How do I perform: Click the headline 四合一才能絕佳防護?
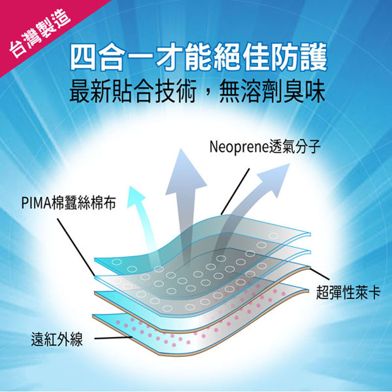(199, 57)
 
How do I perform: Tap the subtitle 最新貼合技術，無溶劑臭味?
(197, 92)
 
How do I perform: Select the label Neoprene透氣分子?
(265, 147)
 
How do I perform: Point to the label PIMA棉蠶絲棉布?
(69, 202)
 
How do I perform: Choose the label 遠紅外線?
(57, 339)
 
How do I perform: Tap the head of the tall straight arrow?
(185, 172)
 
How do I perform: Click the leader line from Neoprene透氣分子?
(235, 192)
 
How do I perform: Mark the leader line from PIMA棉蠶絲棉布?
(76, 247)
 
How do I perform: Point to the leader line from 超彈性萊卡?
(320, 274)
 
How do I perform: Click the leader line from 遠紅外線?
(113, 338)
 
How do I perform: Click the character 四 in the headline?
(83, 57)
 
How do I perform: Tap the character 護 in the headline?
(314, 57)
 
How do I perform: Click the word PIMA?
(36, 203)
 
